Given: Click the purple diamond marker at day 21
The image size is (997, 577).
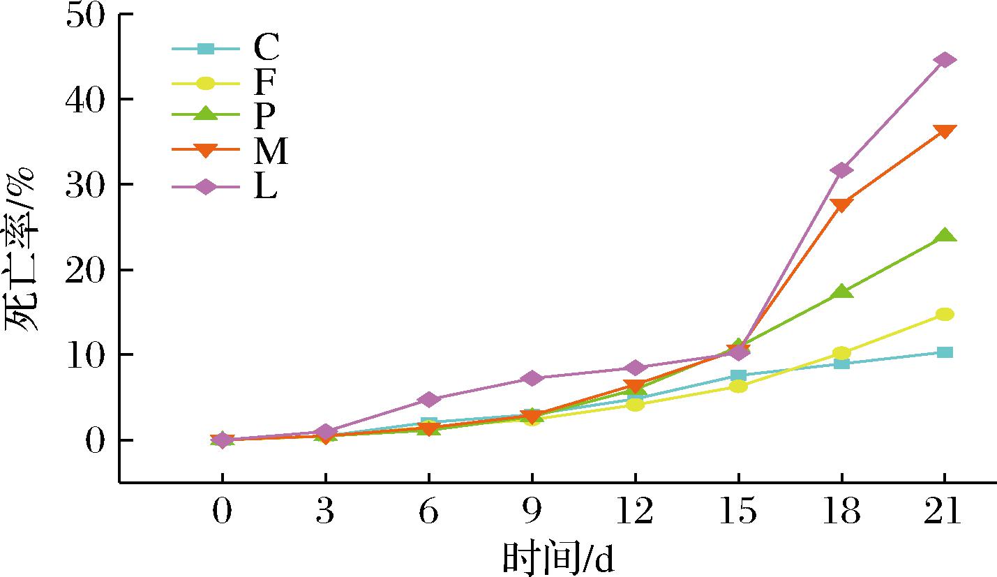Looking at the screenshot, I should tap(945, 60).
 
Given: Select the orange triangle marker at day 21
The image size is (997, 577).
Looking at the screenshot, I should tap(945, 131).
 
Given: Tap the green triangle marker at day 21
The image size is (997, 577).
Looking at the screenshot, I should tap(945, 236).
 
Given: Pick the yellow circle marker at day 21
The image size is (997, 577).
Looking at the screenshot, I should tap(945, 314).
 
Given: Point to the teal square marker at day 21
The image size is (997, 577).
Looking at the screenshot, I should tap(945, 352).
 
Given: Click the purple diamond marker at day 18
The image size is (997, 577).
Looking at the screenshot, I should tap(841, 170).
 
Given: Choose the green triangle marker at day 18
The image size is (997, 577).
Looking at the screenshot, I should tap(841, 292).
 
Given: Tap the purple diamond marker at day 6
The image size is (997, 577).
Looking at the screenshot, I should tap(428, 399).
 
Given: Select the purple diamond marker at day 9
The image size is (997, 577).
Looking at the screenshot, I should tap(532, 378).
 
